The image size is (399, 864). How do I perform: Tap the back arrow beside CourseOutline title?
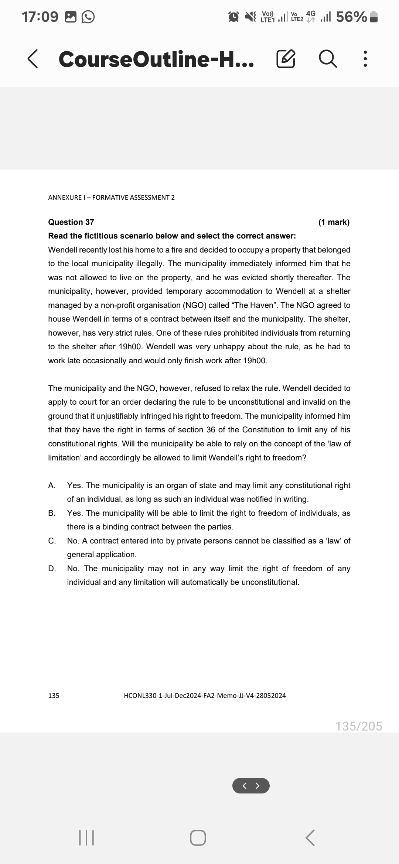click(33, 59)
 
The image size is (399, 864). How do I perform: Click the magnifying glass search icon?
click(327, 59)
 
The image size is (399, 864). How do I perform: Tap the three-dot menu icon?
click(365, 59)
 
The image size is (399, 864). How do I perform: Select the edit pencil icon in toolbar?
click(286, 59)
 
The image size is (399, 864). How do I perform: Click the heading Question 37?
click(71, 222)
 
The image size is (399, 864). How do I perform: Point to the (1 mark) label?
click(334, 222)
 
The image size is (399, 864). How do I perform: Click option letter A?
click(52, 485)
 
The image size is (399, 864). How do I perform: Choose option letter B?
click(52, 513)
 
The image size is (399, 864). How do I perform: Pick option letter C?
click(52, 541)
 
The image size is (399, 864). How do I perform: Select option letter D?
click(52, 568)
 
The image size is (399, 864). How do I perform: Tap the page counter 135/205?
click(359, 726)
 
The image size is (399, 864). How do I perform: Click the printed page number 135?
click(54, 696)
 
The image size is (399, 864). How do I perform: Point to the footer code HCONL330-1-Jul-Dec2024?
click(205, 696)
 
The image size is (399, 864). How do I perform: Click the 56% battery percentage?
click(351, 17)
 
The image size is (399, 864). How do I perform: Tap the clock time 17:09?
click(40, 17)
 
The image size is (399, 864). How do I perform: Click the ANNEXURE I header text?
click(111, 197)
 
